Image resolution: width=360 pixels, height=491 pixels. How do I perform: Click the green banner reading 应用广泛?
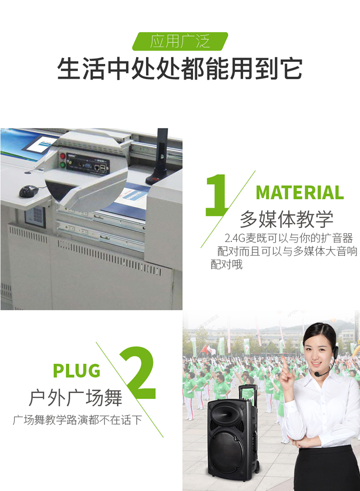[180, 41]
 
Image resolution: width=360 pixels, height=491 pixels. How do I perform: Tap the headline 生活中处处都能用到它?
[180, 68]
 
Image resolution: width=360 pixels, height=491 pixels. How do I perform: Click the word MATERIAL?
[300, 192]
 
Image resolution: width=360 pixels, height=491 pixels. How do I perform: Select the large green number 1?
[216, 195]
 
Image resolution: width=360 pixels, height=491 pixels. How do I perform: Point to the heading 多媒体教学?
[287, 219]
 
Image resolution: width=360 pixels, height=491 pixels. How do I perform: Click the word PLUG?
[77, 370]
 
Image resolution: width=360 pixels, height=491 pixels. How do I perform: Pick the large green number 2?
[138, 373]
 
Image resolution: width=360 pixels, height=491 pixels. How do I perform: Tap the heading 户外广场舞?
[76, 398]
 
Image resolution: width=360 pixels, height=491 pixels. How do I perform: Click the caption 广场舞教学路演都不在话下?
[77, 419]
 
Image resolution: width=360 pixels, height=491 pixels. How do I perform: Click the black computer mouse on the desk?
[29, 191]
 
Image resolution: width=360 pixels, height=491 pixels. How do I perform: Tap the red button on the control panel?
[63, 156]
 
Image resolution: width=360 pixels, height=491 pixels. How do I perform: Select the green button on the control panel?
[63, 165]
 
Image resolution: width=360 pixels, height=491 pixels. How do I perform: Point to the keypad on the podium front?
[35, 216]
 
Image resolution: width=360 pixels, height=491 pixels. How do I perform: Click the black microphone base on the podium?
[156, 179]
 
